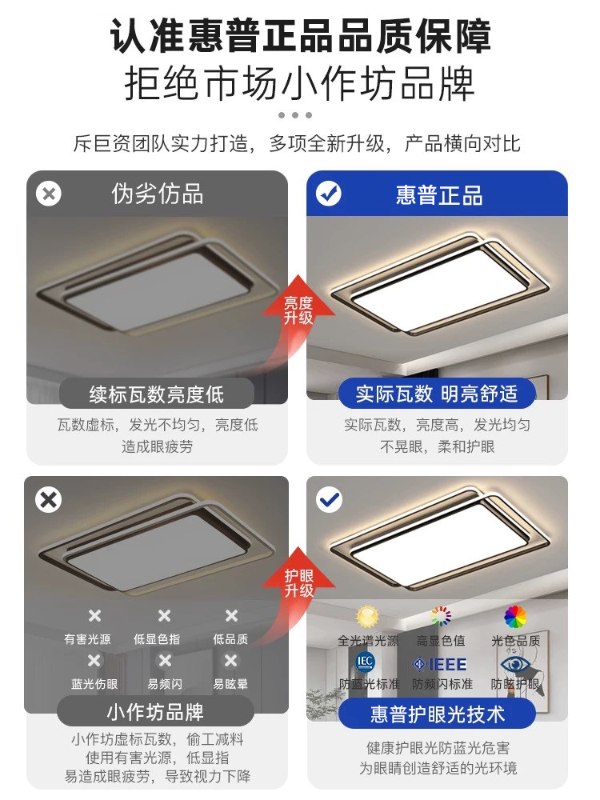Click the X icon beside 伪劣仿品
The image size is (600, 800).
(50, 194)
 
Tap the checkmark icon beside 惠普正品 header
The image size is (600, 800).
(329, 194)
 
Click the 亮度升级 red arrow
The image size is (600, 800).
(298, 309)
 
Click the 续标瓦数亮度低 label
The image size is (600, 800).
(157, 394)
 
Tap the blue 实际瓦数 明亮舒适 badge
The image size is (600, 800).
(437, 394)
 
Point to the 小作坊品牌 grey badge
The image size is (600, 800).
(156, 711)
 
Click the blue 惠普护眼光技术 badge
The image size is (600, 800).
(437, 712)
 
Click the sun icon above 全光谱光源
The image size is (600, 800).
(367, 617)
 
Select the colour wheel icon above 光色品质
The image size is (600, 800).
(515, 617)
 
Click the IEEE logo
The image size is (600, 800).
(440, 664)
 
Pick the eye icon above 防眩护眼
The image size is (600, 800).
(514, 664)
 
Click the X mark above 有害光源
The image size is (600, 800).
(94, 615)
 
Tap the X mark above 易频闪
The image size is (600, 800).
(165, 661)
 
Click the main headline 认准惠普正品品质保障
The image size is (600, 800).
(300, 36)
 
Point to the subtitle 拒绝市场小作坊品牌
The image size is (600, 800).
(300, 84)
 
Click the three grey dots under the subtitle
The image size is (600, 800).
(295, 115)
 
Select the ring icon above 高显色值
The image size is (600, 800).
(441, 616)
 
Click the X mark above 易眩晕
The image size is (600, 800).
(230, 661)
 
